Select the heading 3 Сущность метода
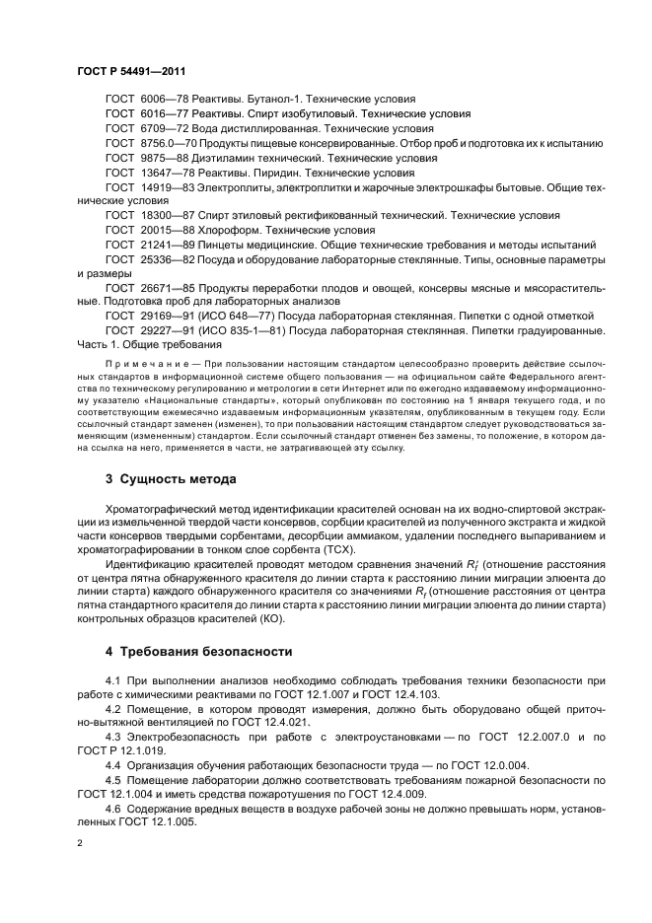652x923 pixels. pos(171,479)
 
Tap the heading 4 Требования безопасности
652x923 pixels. pos(198,651)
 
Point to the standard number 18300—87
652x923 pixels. pos(163,215)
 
